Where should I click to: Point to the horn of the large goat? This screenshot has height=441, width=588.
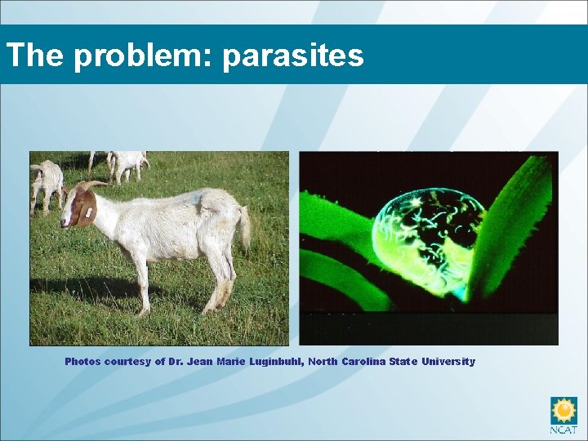click(96, 185)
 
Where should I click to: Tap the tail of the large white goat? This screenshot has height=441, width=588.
click(243, 229)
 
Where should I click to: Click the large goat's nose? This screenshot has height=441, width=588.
click(65, 218)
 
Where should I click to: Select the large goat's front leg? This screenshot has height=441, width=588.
click(140, 282)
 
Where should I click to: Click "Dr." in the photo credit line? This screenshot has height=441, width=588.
click(176, 362)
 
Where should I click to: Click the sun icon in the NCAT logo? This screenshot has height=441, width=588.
click(563, 409)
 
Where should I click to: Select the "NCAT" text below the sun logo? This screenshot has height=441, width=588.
click(563, 430)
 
